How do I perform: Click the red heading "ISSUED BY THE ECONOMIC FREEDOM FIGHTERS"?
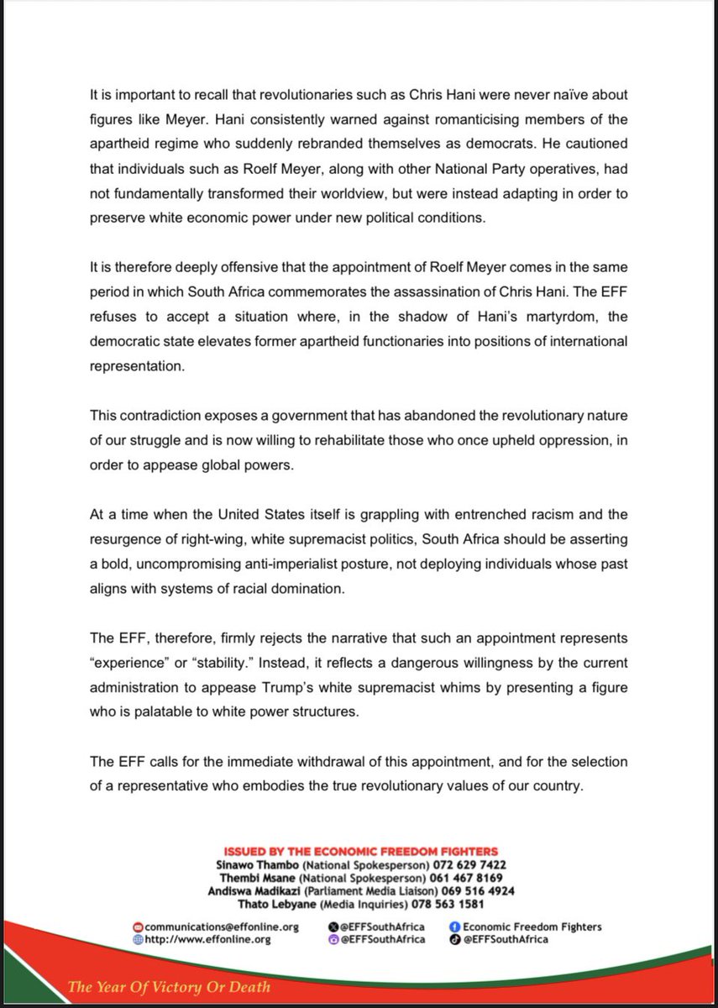[359, 852]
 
